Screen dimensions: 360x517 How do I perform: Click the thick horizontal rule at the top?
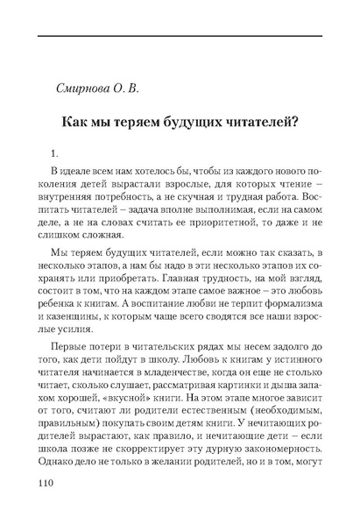coord(180,34)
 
